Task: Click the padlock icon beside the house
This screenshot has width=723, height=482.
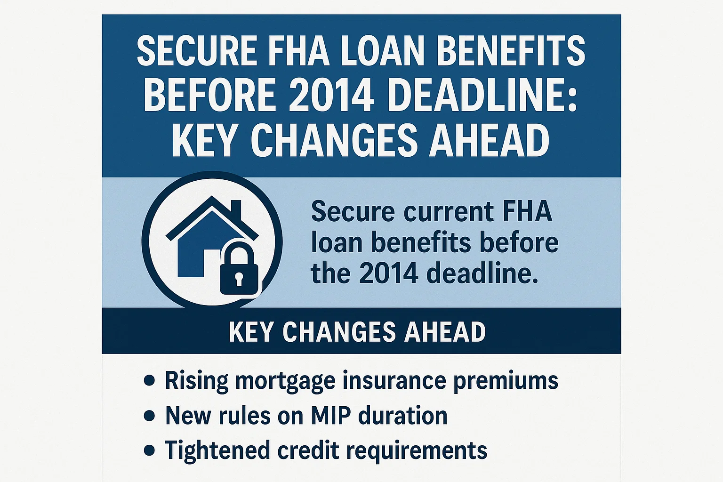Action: point(239,271)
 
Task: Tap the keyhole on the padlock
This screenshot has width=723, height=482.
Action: point(239,278)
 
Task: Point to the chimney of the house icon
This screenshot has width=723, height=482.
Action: point(236,209)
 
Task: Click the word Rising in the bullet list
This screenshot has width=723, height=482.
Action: point(196,380)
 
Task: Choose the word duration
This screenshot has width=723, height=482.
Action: point(403,416)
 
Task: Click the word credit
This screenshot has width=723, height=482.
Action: point(308,450)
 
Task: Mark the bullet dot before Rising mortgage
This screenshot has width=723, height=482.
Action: point(149,380)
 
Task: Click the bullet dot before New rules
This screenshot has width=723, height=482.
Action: point(149,416)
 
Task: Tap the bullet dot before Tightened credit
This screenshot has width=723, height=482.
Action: point(149,450)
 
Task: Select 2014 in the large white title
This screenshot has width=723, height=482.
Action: point(329,95)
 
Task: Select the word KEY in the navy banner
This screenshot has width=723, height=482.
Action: point(251,332)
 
